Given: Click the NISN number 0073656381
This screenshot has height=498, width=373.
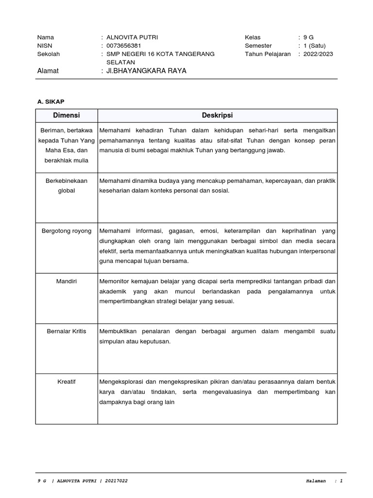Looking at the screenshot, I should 124,46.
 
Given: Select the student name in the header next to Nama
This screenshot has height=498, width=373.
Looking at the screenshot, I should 132,37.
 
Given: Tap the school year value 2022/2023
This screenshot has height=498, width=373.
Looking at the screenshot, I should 318,54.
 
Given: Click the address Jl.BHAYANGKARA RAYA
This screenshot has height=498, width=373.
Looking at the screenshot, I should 146,71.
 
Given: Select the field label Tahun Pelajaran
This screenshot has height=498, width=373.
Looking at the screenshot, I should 268,54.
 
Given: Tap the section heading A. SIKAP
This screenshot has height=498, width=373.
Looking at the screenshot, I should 51,101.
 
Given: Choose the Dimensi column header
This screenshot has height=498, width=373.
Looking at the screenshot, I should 67,115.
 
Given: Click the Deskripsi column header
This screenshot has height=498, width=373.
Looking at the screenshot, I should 217,115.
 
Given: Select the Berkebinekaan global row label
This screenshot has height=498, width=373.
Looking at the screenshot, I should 67,186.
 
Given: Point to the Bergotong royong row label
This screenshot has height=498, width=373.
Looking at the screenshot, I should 67,231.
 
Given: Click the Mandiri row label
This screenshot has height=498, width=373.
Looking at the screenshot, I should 67,282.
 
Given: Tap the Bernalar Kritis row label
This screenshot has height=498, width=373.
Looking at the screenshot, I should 67,332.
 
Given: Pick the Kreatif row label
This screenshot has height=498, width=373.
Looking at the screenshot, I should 67,382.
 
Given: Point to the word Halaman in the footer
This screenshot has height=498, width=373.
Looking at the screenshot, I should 316,481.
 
